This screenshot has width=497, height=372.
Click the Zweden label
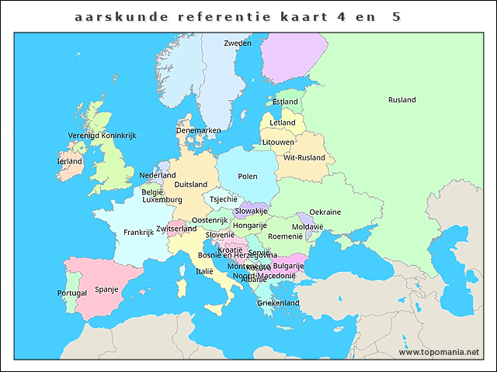pos(237,43)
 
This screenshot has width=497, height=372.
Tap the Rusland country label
pos(401,100)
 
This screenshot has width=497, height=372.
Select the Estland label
pos(285,102)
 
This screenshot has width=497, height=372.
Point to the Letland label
pos(282,122)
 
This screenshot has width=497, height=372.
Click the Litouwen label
pos(278,143)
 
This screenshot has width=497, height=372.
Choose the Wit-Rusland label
pos(304,157)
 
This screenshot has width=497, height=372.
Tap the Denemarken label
pos(198,130)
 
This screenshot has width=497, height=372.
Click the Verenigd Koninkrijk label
pos(102,136)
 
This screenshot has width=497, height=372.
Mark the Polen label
pos(247,177)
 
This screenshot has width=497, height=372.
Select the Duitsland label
pos(191,184)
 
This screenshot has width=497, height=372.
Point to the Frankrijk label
pos(138,232)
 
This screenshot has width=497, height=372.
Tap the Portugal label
pos(72,294)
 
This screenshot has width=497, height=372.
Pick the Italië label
pos(204,271)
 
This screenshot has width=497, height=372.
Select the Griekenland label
pos(278,303)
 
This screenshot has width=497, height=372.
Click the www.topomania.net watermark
pos(439,352)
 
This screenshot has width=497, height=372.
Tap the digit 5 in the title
pos(396,15)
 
